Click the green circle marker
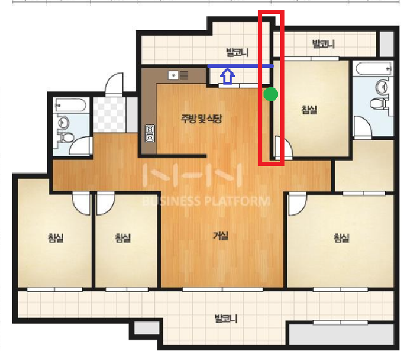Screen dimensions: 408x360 click(271, 94)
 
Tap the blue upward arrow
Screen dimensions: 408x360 click(227, 76)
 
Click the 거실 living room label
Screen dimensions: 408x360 click(221, 236)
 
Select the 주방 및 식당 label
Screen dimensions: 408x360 click(202, 119)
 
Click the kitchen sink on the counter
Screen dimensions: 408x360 click(173, 76)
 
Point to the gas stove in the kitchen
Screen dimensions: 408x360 click(150, 134)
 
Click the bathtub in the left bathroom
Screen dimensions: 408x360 click(71, 105)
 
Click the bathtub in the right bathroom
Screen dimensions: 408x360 click(374, 69)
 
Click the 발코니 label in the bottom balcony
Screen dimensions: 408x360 click(226, 319)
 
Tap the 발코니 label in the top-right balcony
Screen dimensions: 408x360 click(323, 44)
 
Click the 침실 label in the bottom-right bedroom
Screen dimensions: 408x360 click(341, 238)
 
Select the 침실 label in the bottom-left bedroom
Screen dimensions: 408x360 click(55, 238)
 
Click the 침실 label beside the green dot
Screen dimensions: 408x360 click(309, 109)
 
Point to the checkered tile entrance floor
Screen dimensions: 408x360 click(109, 114)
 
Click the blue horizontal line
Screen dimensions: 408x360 click(241, 66)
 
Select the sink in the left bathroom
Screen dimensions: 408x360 click(64, 122)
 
